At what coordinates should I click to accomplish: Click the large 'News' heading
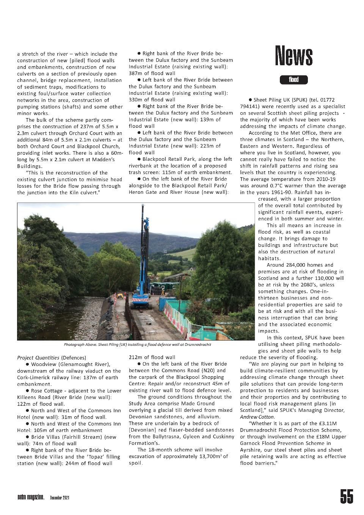(x=294, y=56)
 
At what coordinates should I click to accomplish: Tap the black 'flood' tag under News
(x=293, y=80)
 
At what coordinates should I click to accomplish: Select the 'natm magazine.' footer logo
(x=31, y=497)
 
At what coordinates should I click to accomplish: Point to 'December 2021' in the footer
(x=60, y=497)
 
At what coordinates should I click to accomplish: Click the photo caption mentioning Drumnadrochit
(x=137, y=344)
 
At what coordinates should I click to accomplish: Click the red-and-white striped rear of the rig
(x=141, y=299)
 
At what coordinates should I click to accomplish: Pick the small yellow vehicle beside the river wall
(x=121, y=296)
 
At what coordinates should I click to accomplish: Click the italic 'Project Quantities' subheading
(x=38, y=358)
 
